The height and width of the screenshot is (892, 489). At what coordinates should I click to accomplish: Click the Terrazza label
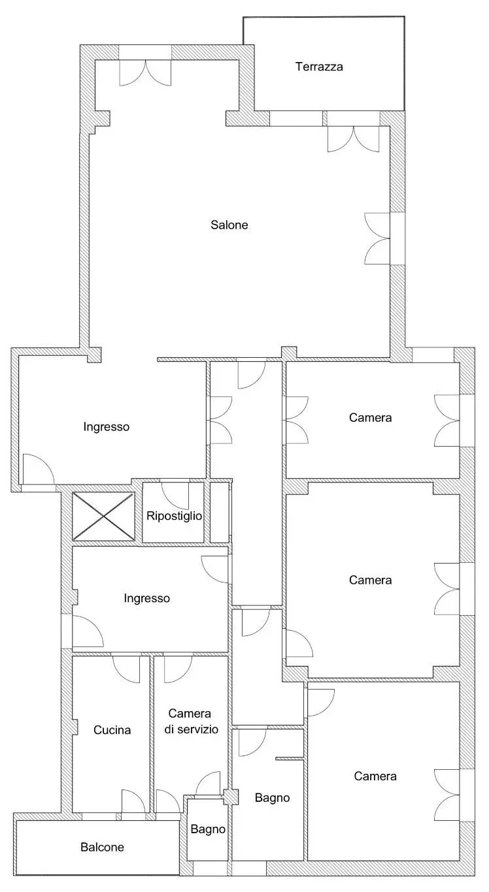[319, 67]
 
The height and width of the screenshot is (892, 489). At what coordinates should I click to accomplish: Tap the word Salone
[229, 225]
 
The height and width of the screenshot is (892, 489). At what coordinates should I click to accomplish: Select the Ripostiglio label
[174, 516]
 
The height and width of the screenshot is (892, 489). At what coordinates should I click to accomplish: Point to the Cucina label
[112, 730]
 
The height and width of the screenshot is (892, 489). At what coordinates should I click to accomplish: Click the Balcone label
[102, 847]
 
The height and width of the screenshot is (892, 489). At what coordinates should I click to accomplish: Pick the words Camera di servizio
[191, 721]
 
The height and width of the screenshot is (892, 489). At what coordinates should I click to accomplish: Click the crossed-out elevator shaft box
[104, 517]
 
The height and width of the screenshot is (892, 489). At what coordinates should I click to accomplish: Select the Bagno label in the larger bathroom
[272, 797]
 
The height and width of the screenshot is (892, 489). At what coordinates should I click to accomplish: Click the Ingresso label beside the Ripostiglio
[106, 427]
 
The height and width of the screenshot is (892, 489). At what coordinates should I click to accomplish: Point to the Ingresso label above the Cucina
[146, 598]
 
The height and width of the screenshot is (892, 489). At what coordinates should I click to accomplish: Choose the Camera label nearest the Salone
[370, 418]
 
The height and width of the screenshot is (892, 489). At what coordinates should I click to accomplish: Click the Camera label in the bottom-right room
[375, 776]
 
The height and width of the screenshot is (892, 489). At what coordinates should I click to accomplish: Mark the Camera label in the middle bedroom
[370, 580]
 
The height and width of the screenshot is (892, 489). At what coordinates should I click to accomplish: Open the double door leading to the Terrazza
[353, 139]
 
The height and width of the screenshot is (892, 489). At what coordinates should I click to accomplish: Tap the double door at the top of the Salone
[146, 73]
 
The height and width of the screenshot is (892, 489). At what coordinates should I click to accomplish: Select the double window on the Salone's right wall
[377, 238]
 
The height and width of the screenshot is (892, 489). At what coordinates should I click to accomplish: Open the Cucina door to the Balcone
[133, 801]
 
